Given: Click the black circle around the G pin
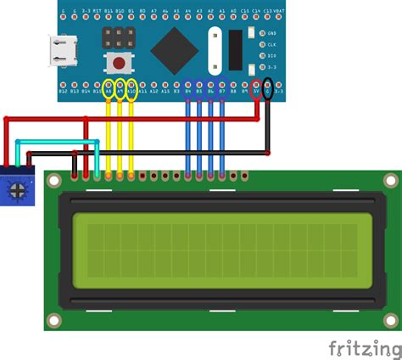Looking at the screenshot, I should (269, 88).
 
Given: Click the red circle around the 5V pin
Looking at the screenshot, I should (257, 88).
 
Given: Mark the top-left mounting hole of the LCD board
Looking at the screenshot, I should (54, 181).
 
